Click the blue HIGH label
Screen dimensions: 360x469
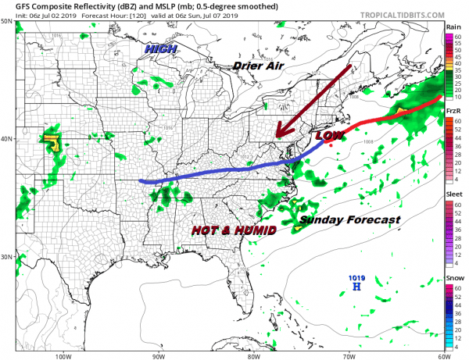click(x=160, y=48)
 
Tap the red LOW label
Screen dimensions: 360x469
click(x=328, y=136)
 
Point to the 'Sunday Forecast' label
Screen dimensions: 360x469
click(x=349, y=220)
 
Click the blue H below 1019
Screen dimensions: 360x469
click(x=356, y=287)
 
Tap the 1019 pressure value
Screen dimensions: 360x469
click(x=356, y=277)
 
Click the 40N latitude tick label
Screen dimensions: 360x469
click(x=6, y=139)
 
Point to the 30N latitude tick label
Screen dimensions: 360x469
click(x=6, y=257)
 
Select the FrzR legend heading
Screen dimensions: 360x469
click(x=453, y=112)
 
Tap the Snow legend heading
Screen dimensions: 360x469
click(x=453, y=279)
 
